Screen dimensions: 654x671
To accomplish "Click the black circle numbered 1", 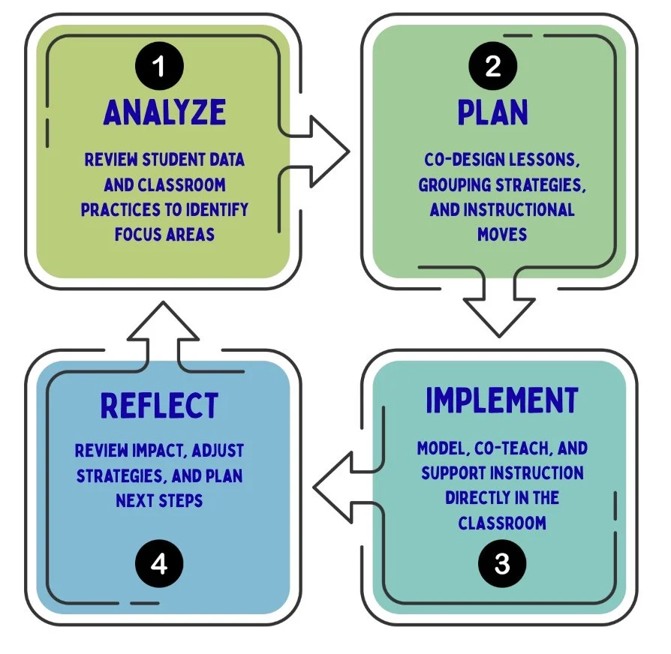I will click(x=158, y=67).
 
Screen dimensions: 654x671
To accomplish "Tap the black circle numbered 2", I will click(x=492, y=67).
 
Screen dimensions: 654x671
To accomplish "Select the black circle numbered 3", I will click(x=501, y=563).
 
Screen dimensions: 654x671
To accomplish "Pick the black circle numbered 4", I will click(x=159, y=563).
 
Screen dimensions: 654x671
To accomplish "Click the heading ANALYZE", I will click(x=165, y=112).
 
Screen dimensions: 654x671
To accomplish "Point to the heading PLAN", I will click(x=493, y=112).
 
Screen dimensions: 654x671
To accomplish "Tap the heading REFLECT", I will click(x=159, y=406).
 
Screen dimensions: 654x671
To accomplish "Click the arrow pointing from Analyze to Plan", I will click(x=319, y=153).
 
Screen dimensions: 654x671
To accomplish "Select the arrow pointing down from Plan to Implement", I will click(x=495, y=304).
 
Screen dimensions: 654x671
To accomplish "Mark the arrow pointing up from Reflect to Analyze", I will click(x=164, y=330).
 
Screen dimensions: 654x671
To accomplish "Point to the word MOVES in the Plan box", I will click(x=502, y=234).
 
